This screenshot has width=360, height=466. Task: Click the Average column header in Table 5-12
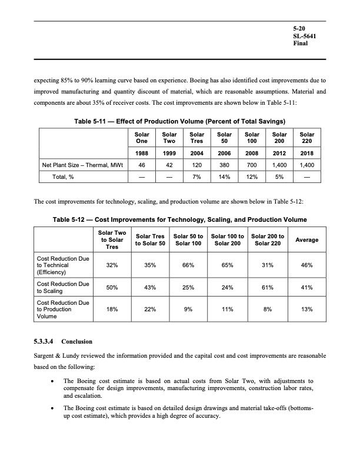(x=306, y=239)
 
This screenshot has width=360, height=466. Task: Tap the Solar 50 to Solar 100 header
(x=188, y=239)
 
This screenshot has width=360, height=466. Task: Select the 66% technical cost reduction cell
(x=188, y=265)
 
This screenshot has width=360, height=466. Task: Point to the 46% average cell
(x=306, y=265)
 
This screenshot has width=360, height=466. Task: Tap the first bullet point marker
(x=54, y=381)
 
